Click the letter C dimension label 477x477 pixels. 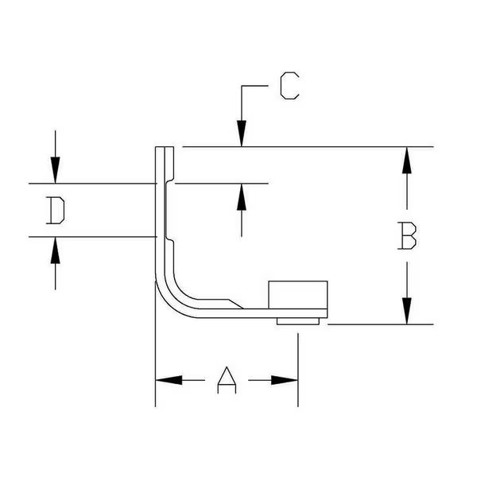click(290, 86)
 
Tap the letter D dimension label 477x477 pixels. click(54, 211)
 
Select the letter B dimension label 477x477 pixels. click(408, 236)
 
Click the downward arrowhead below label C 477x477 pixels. click(242, 134)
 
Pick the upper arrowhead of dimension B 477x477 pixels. click(407, 161)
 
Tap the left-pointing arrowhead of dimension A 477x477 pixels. click(168, 380)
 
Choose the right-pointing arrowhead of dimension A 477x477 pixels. click(285, 380)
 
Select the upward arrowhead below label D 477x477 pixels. click(54, 250)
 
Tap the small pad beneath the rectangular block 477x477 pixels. click(299, 320)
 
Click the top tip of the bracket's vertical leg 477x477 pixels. click(161, 149)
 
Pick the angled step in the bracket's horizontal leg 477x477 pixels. click(235, 304)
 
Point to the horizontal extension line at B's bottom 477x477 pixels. click(382, 324)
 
